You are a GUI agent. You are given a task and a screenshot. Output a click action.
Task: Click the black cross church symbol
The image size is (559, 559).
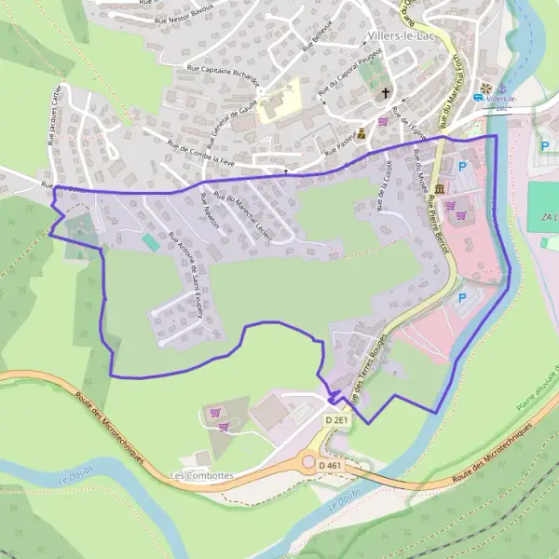click(x=386, y=93)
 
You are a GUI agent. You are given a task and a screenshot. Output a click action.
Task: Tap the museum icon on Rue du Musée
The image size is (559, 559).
click(x=439, y=189)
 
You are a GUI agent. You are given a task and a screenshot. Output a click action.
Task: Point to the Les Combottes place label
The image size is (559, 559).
click(x=202, y=474)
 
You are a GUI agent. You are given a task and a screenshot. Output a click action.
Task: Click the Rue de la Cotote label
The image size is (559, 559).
click(x=383, y=184)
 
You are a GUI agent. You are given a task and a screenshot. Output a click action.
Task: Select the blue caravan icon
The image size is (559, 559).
click(x=479, y=97)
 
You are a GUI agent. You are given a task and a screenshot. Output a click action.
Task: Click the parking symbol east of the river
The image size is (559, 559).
click(x=544, y=146)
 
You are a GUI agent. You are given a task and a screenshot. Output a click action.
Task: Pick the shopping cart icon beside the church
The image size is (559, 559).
click(x=383, y=121)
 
